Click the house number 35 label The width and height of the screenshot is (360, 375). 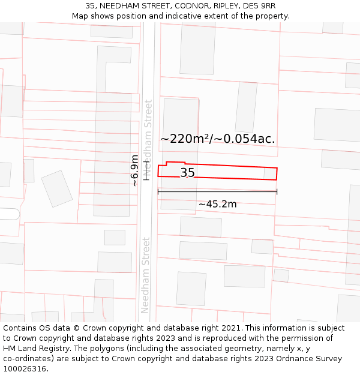187,173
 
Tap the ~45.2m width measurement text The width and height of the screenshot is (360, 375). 217,204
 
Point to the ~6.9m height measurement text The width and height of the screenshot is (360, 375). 135,170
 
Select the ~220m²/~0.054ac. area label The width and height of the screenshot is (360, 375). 218,139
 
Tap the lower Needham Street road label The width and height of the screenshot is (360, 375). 145,275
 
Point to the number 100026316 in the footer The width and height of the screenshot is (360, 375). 25,368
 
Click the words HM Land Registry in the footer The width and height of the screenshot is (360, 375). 31,349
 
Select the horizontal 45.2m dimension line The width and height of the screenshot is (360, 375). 217,191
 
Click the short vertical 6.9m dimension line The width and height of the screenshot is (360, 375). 145,170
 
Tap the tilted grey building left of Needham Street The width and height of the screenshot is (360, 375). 57,188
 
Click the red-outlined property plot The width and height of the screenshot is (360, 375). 228,172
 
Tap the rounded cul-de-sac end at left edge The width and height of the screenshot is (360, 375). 11,214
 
